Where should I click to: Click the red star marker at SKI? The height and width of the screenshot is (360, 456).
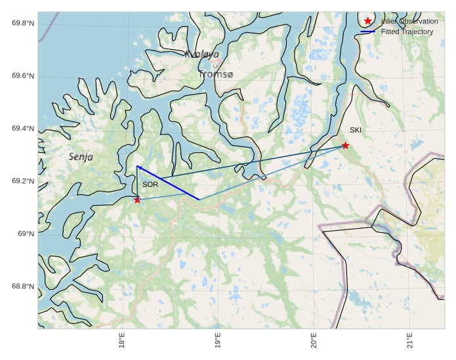tap(345, 146)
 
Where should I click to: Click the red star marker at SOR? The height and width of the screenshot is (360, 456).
tap(137, 200)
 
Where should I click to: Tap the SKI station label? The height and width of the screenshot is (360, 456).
tap(355, 130)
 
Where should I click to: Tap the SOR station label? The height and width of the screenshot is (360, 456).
tap(150, 185)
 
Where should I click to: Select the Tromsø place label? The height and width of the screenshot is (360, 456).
tap(215, 75)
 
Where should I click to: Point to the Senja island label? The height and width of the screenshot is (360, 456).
tap(81, 157)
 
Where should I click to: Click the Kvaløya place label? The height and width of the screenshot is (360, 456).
tap(202, 54)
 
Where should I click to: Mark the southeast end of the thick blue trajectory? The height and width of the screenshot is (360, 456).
tap(199, 199)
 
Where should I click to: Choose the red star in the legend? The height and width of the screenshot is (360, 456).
tap(367, 21)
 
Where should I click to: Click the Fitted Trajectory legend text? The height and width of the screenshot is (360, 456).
tap(407, 31)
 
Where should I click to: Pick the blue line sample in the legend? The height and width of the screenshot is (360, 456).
tap(367, 31)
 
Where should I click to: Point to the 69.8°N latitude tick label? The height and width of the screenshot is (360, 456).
tap(23, 24)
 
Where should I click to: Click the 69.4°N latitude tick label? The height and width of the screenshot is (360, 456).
tap(23, 129)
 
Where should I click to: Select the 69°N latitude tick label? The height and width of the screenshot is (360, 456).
tap(26, 234)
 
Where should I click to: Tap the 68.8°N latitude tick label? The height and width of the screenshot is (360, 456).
tap(23, 287)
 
